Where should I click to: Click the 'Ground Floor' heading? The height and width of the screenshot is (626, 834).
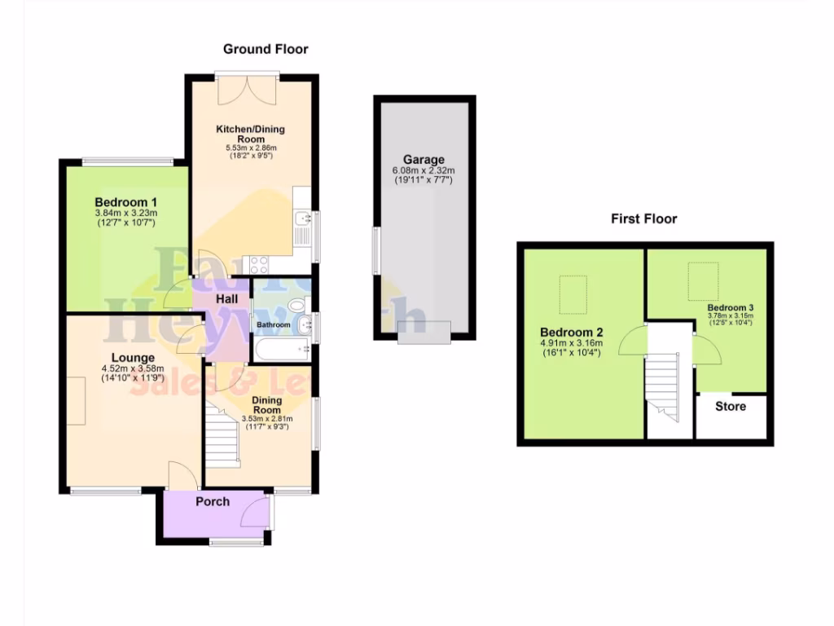(x=266, y=49)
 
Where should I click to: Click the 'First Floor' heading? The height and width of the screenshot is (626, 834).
(x=643, y=218)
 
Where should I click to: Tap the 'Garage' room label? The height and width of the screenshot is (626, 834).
(x=424, y=159)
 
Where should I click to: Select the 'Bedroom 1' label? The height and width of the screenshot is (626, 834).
(x=125, y=202)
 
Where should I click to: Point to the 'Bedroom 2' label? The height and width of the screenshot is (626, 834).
(x=570, y=333)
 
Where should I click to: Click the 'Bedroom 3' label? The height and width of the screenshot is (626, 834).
(x=730, y=307)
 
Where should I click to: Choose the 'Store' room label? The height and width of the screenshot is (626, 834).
(x=730, y=406)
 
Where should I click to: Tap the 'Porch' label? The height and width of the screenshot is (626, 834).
(x=213, y=501)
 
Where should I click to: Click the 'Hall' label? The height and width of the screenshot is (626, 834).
(x=226, y=300)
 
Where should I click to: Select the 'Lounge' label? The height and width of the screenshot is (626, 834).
(x=133, y=357)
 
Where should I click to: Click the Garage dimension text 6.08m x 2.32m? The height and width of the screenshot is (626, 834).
(x=424, y=170)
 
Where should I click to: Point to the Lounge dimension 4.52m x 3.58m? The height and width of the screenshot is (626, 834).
(x=133, y=368)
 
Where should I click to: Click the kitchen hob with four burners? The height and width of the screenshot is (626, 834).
(x=258, y=263)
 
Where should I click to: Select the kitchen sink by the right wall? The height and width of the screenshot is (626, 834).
(x=302, y=218)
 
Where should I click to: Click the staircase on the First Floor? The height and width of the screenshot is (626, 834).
(x=661, y=383)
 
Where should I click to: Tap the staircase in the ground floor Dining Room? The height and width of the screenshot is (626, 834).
(x=222, y=436)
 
